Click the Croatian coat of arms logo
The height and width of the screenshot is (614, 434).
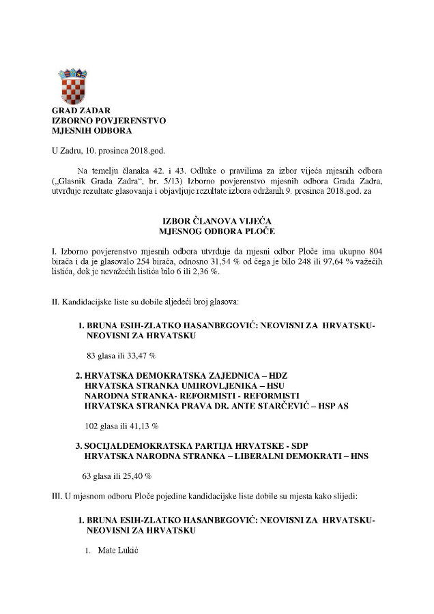(72, 86)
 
